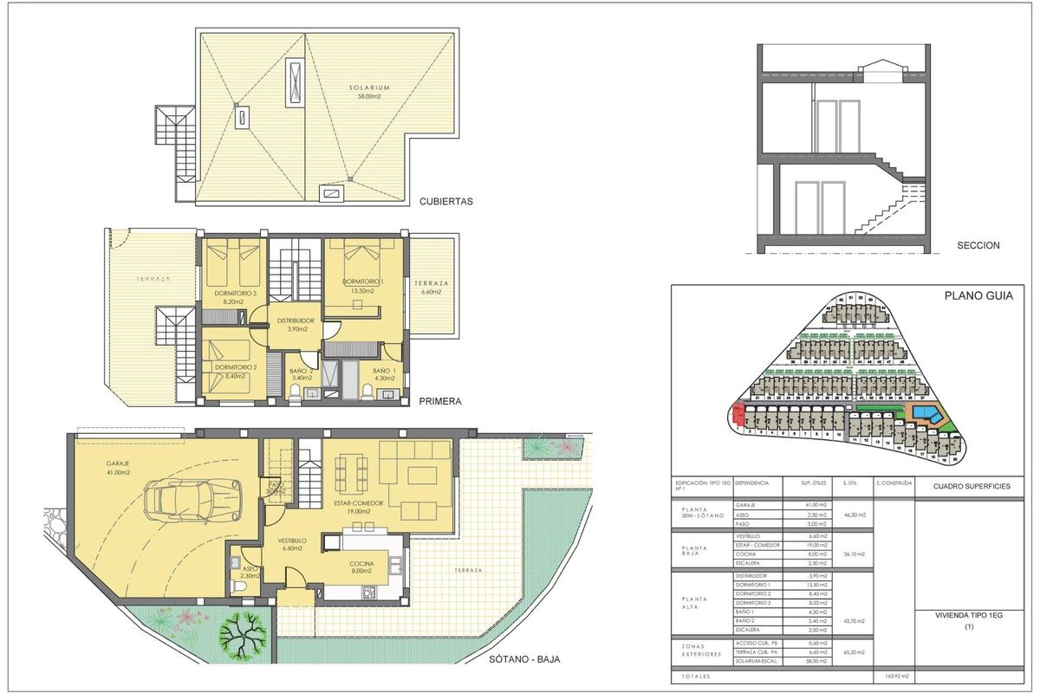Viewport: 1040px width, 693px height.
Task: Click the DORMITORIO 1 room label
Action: [362, 287]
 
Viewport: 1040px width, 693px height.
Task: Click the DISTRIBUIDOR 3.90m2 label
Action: [295, 325]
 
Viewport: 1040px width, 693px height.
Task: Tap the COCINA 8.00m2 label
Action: [362, 567]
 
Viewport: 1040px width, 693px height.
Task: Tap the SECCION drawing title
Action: [978, 245]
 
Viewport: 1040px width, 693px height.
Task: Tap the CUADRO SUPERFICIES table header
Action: [971, 487]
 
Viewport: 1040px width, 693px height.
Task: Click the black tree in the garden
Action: [241, 635]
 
